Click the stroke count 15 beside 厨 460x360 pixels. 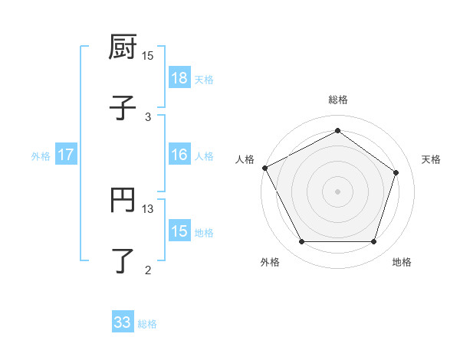pos(148,56)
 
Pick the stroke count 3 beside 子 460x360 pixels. pos(148,116)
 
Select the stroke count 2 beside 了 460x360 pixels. pos(148,269)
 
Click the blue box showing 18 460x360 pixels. pos(179,78)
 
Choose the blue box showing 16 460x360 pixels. pos(179,155)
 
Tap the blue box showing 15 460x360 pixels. pos(179,231)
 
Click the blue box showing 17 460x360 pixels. pos(66,155)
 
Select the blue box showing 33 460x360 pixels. pos(123,322)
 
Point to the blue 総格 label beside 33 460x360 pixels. pos(147,324)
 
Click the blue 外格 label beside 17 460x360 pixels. pos(41,156)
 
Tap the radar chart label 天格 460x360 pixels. pos(431,159)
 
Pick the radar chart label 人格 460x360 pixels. pos(245,159)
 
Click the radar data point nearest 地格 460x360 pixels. pos(373,242)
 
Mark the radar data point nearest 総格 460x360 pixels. pos(337,131)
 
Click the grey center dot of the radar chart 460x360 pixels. pos(337,191)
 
